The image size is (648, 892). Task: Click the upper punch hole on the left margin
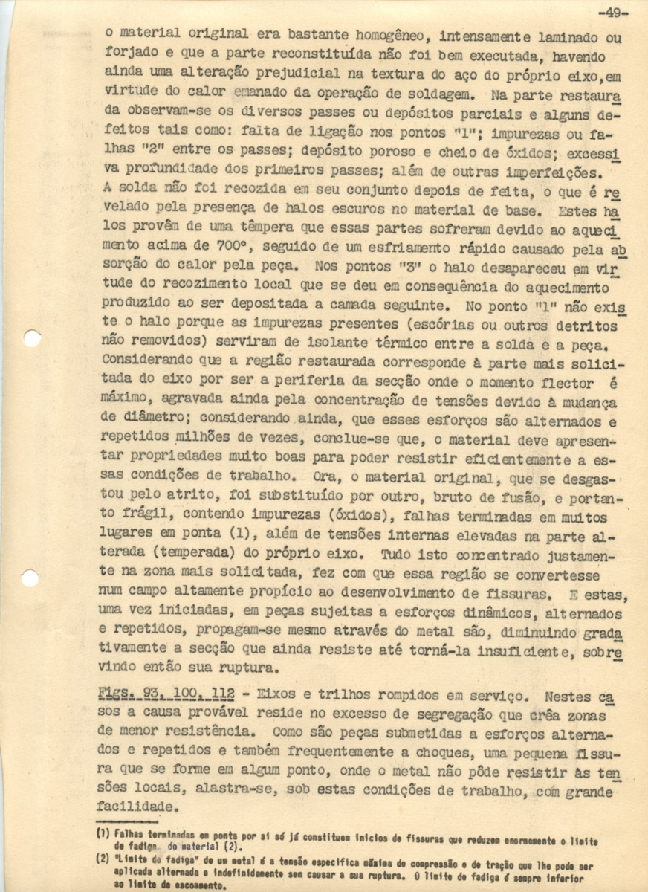click(x=32, y=339)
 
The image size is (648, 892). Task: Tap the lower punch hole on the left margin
click(x=30, y=578)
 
